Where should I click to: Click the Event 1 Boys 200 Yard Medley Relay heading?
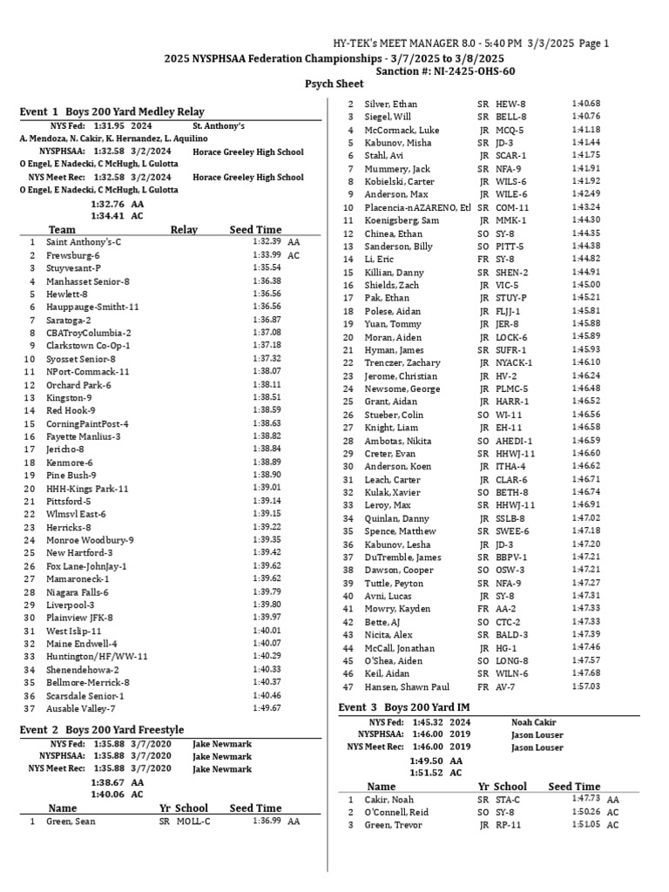coord(112,111)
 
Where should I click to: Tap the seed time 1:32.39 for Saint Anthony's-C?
coord(267,241)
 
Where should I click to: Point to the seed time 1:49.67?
coord(267,708)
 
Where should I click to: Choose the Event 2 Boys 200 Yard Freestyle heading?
coord(102,729)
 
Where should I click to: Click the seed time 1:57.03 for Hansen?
coord(586,686)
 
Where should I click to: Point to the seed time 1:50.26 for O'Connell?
coord(586,812)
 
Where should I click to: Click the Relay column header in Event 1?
coord(184,230)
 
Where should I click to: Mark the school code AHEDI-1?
coord(514,441)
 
